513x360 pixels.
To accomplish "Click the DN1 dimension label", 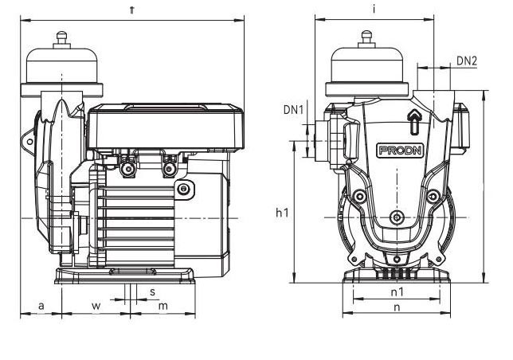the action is [293, 110].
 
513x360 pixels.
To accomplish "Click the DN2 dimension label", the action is [467, 61].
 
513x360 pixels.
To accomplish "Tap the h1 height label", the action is [282, 213].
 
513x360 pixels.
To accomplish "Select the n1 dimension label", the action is [397, 292].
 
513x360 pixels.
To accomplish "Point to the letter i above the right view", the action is [374, 10].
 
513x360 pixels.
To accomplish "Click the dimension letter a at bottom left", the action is [41, 306].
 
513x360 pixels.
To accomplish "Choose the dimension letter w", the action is [96, 306].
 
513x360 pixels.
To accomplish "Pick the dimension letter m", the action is [163, 306].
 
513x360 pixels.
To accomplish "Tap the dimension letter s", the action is [152, 292].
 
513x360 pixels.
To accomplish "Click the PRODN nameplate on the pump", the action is [399, 151].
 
